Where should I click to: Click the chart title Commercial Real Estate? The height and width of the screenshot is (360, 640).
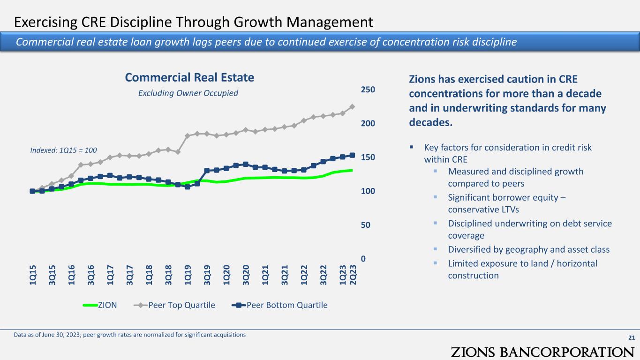[189, 77]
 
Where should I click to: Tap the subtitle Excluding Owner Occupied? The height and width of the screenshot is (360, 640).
[188, 93]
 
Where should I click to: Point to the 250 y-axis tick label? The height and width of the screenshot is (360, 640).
[368, 90]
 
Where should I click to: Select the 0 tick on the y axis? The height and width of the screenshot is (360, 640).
[363, 259]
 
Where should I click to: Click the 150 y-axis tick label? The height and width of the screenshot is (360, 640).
[368, 157]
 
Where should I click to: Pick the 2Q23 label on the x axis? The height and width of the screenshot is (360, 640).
[353, 275]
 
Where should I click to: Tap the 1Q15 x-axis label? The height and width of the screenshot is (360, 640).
[32, 275]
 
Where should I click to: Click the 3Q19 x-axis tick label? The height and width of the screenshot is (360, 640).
[207, 275]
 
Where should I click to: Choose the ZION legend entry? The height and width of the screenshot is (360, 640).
[100, 305]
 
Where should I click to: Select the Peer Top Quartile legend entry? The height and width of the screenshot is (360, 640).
[174, 305]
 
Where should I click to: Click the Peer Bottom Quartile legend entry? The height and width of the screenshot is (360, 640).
[279, 305]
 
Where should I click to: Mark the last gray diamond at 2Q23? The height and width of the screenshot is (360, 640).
[352, 106]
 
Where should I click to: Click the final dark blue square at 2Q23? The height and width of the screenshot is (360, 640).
[352, 155]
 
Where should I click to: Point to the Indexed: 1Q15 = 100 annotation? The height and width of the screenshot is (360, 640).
[63, 150]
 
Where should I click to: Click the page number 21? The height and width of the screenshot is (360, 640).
[632, 337]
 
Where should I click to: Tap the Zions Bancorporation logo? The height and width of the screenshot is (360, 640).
[542, 352]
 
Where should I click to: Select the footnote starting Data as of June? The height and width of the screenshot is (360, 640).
[130, 335]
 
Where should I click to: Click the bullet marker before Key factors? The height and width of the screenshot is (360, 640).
[412, 147]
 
